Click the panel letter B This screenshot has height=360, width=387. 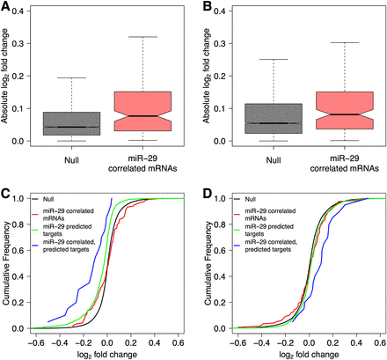click(x=203, y=7)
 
